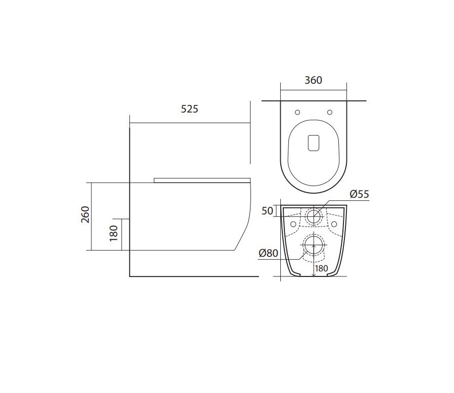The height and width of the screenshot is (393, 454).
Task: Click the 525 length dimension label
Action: [190, 109]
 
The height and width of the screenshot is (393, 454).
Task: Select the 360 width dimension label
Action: [313, 80]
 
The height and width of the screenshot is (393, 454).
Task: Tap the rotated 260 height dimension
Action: [85, 214]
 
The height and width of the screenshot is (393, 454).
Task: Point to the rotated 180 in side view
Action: [114, 233]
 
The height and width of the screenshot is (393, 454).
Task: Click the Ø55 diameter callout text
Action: [359, 194]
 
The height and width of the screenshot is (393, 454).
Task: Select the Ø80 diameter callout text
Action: [268, 254]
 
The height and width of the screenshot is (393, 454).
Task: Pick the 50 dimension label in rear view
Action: [267, 211]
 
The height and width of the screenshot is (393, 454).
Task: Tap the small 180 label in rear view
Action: [321, 268]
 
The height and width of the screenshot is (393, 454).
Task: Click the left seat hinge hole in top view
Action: [297, 112]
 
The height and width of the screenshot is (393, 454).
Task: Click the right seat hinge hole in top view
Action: [330, 112]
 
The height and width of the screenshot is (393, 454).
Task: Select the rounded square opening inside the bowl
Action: [314, 142]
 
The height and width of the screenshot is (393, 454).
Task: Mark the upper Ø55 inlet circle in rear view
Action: [314, 216]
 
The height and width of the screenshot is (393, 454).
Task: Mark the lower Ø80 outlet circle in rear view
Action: [314, 246]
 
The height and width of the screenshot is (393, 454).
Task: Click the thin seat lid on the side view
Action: [202, 180]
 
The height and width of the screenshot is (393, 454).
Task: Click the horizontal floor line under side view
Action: [194, 276]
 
